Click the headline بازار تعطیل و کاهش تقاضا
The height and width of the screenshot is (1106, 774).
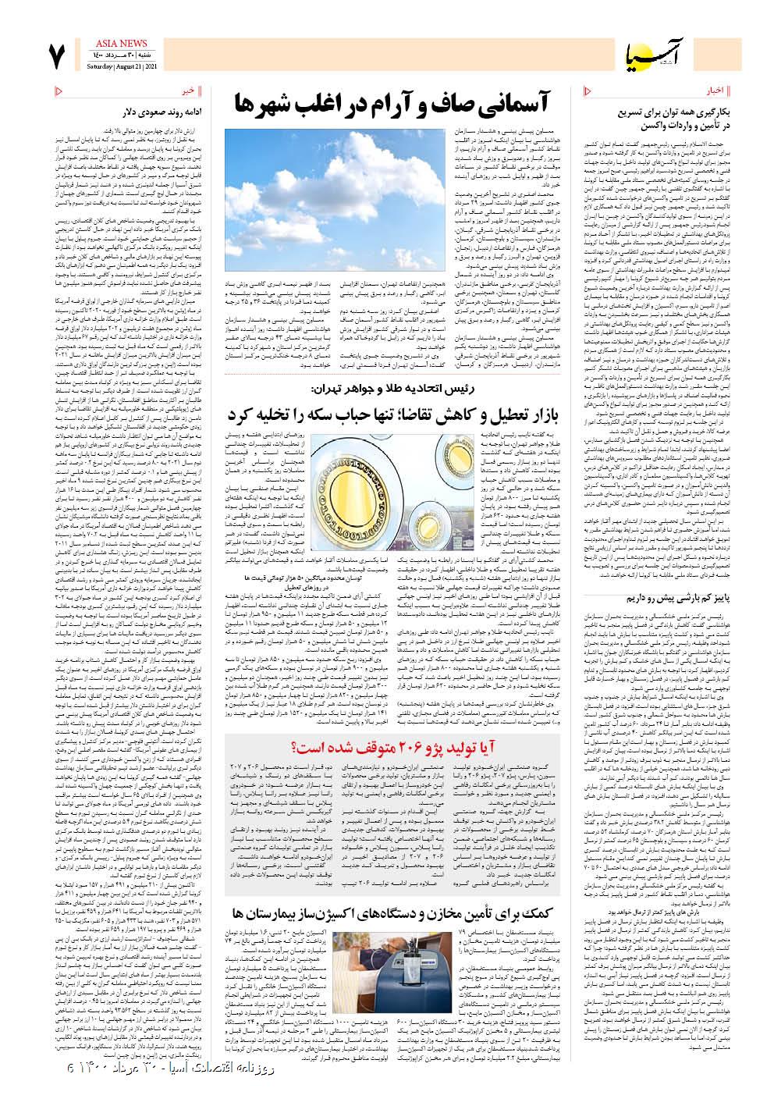394,414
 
